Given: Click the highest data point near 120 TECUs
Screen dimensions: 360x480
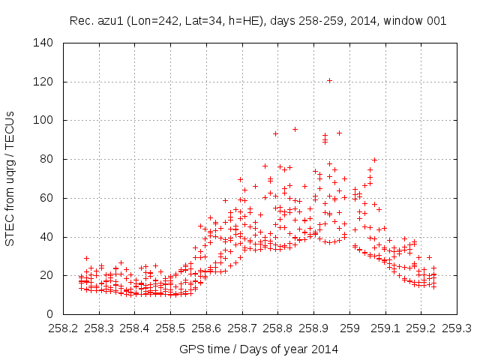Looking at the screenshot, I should [x=329, y=80].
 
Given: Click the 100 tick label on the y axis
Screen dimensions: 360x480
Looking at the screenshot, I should [x=46, y=120].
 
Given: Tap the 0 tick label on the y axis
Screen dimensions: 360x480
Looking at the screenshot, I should [x=52, y=314].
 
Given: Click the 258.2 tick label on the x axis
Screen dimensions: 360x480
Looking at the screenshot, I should [x=63, y=328].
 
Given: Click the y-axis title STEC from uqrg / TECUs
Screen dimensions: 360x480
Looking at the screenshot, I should [x=10, y=178].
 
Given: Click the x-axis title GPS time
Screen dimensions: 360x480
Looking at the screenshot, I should [x=204, y=349].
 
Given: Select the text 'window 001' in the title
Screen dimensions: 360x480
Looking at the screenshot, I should [x=418, y=21].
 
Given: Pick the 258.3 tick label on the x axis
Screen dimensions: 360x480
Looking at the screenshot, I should [x=99, y=328].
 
